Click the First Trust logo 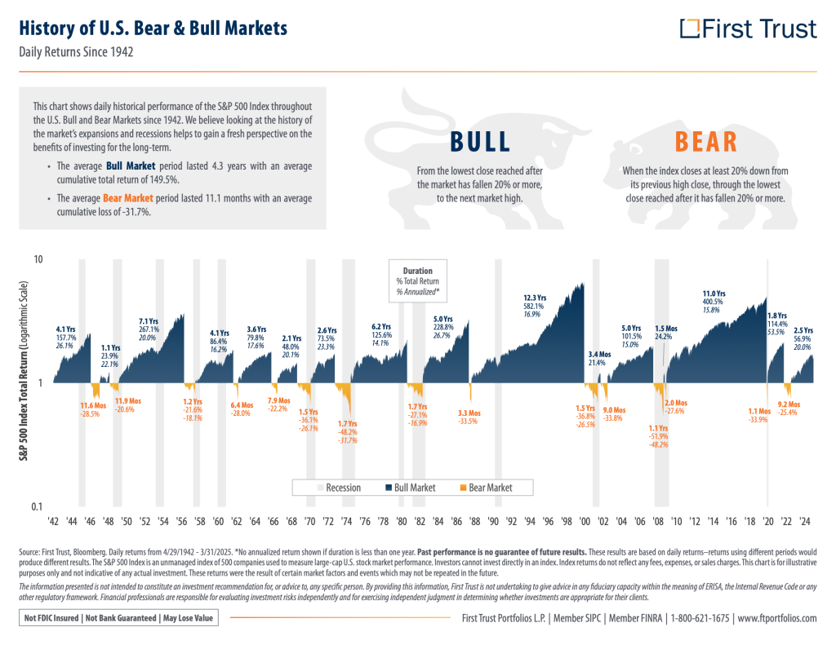click(748, 29)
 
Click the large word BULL click(480, 142)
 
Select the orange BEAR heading click(706, 142)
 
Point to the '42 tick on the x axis click(54, 522)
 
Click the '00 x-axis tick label click(585, 522)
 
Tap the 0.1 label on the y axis click(37, 506)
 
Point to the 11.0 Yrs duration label click(714, 294)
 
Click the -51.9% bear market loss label click(658, 437)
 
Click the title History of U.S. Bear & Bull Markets click(153, 29)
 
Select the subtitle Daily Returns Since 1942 click(77, 52)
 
